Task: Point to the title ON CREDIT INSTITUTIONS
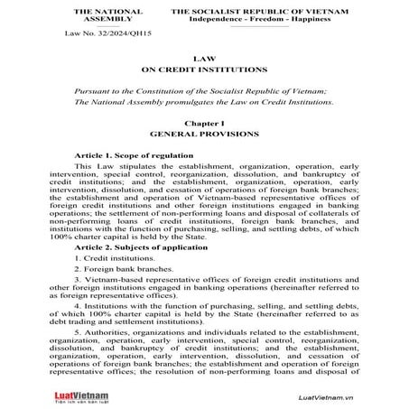click(x=204, y=69)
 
